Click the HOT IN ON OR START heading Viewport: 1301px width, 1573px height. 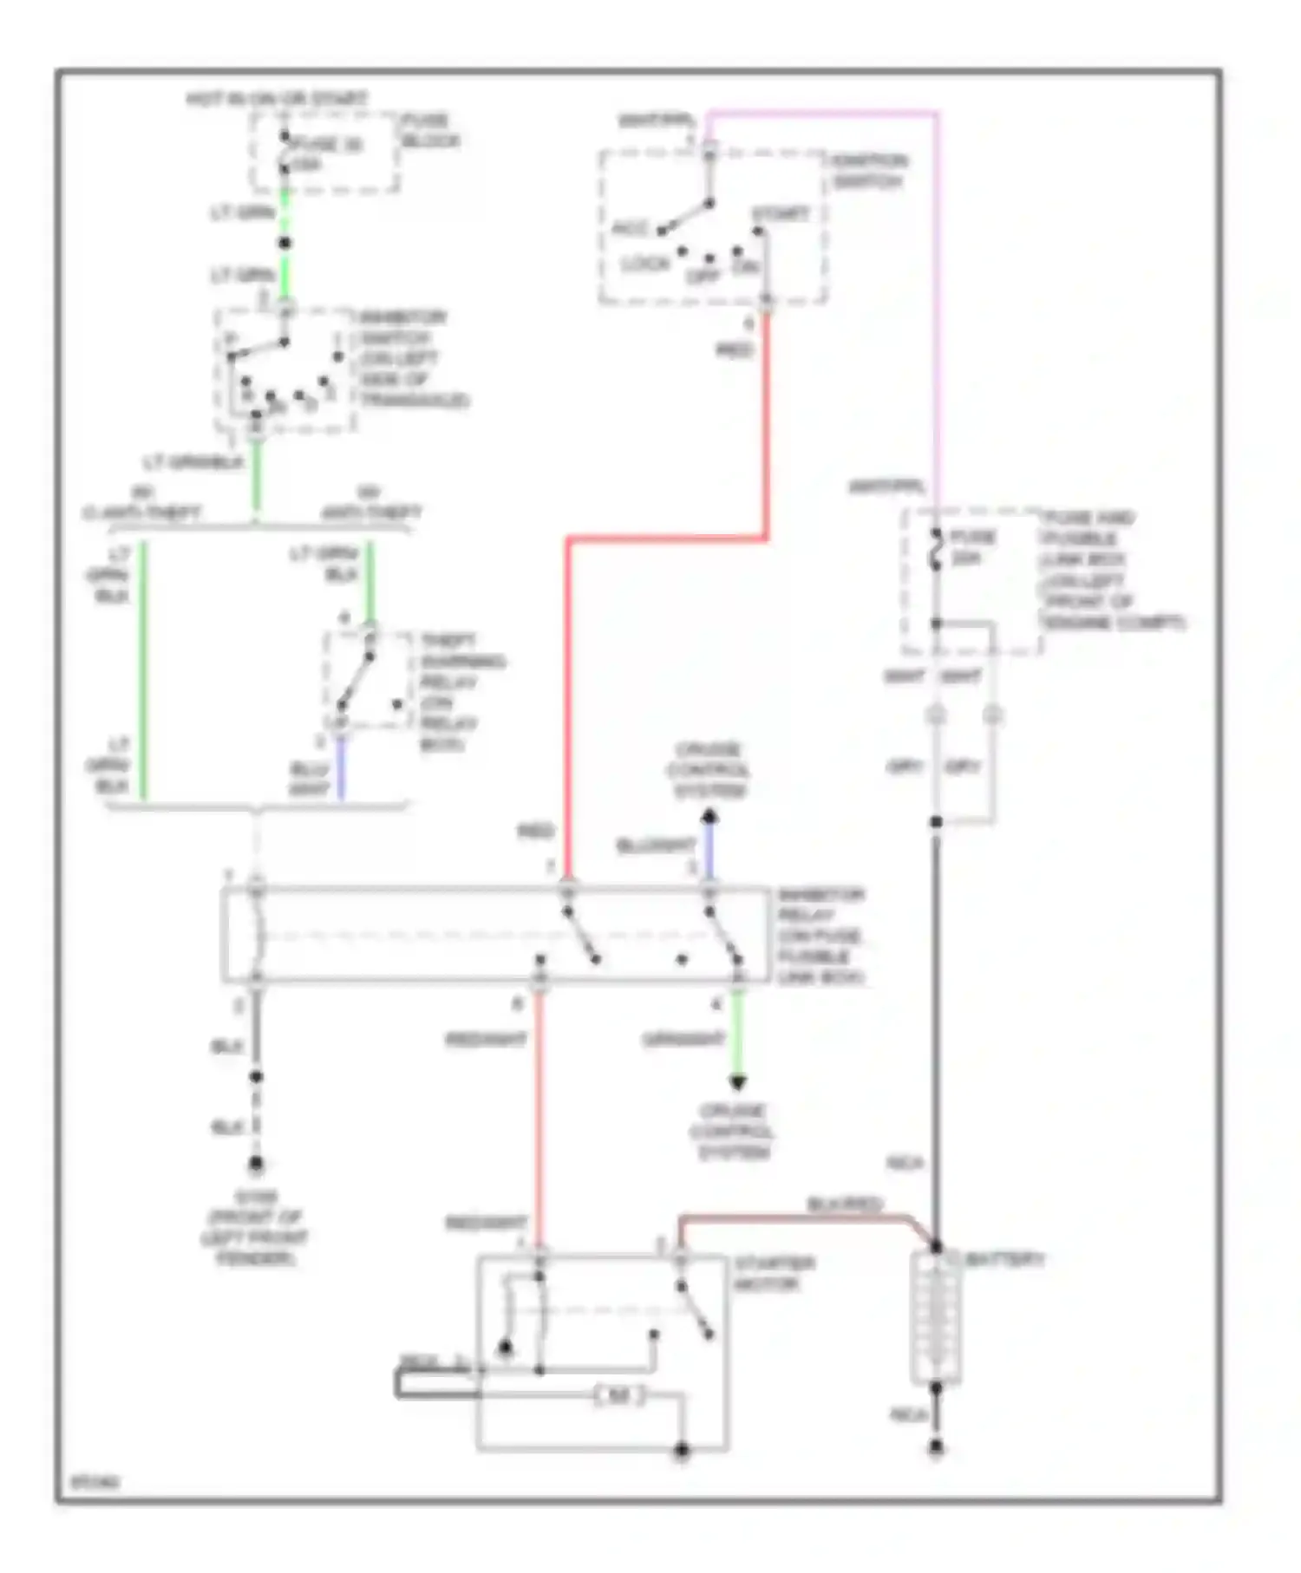tap(277, 99)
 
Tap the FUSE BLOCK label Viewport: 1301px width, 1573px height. tap(429, 130)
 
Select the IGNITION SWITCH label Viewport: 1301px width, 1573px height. tap(868, 172)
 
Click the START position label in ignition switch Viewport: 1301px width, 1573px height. tap(781, 213)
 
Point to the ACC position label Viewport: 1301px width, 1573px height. tap(631, 229)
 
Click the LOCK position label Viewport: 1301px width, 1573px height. tap(646, 263)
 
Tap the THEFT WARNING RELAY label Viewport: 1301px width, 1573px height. tap(461, 692)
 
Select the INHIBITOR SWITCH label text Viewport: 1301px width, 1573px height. tap(413, 358)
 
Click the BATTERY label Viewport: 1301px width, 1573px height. tap(1004, 1259)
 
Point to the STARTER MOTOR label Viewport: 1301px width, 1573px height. tap(774, 1273)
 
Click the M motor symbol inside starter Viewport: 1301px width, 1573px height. tap(618, 1395)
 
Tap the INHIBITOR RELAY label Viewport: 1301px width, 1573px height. tap(820, 935)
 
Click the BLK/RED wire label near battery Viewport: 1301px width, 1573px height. tap(843, 1204)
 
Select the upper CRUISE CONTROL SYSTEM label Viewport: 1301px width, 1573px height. tap(708, 769)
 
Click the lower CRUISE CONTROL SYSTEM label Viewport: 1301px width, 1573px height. tap(733, 1131)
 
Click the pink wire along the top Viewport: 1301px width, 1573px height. tap(824, 112)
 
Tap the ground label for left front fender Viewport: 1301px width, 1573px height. tap(254, 1227)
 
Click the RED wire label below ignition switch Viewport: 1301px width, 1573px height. tap(735, 349)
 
